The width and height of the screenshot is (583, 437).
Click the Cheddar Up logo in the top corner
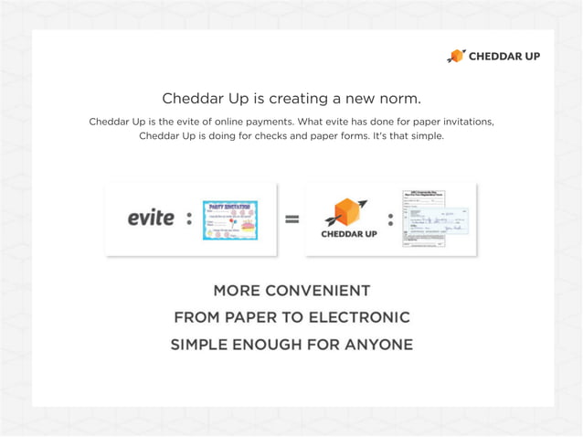tap(493, 56)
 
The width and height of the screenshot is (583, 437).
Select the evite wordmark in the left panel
tap(151, 218)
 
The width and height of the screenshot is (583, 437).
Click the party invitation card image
tap(229, 219)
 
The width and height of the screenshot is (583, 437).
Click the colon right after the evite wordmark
tap(189, 219)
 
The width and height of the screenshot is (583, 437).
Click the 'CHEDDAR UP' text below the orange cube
tap(349, 234)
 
